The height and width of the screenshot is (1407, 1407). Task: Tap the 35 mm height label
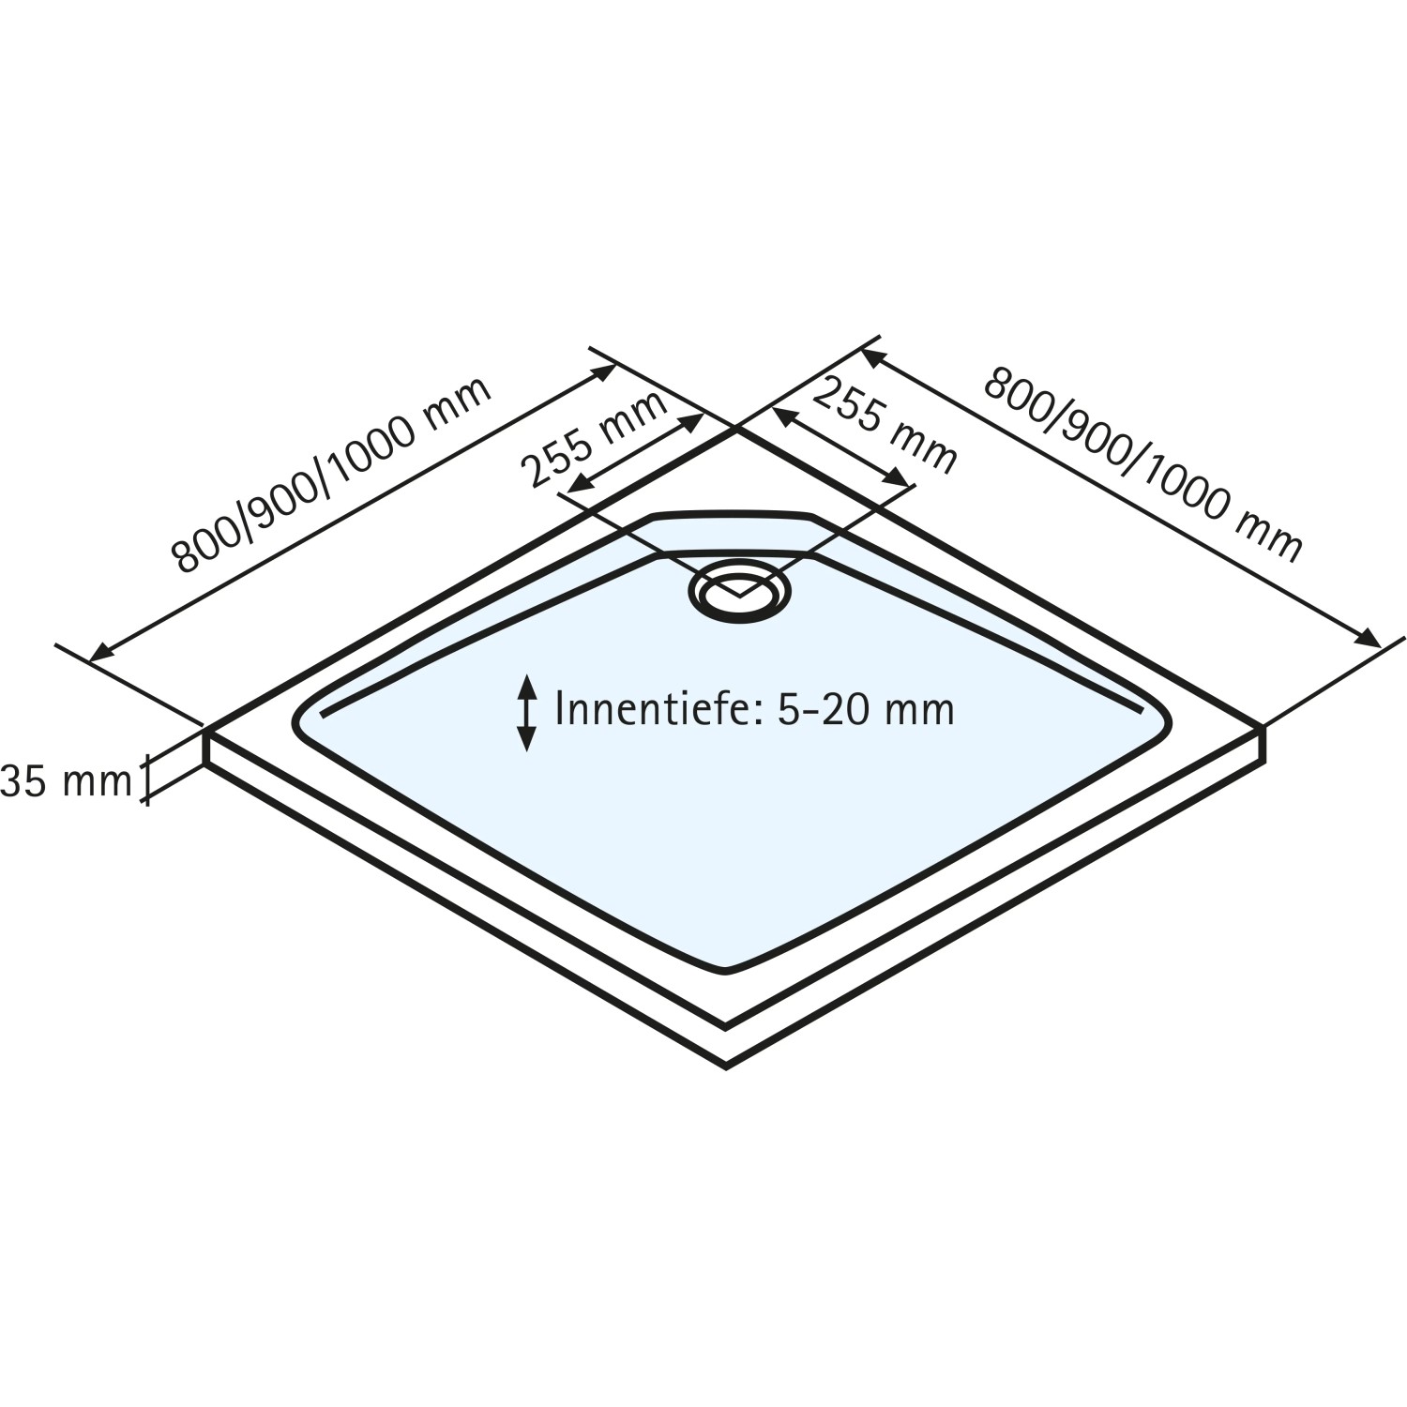[66, 780]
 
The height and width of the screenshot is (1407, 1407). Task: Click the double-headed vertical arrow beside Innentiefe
[527, 713]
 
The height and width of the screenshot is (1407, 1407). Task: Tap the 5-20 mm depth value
[866, 709]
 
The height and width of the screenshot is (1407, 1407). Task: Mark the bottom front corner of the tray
[727, 1065]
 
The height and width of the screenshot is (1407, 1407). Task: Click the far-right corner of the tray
[1265, 727]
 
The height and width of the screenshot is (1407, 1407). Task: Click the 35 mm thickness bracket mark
[144, 780]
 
